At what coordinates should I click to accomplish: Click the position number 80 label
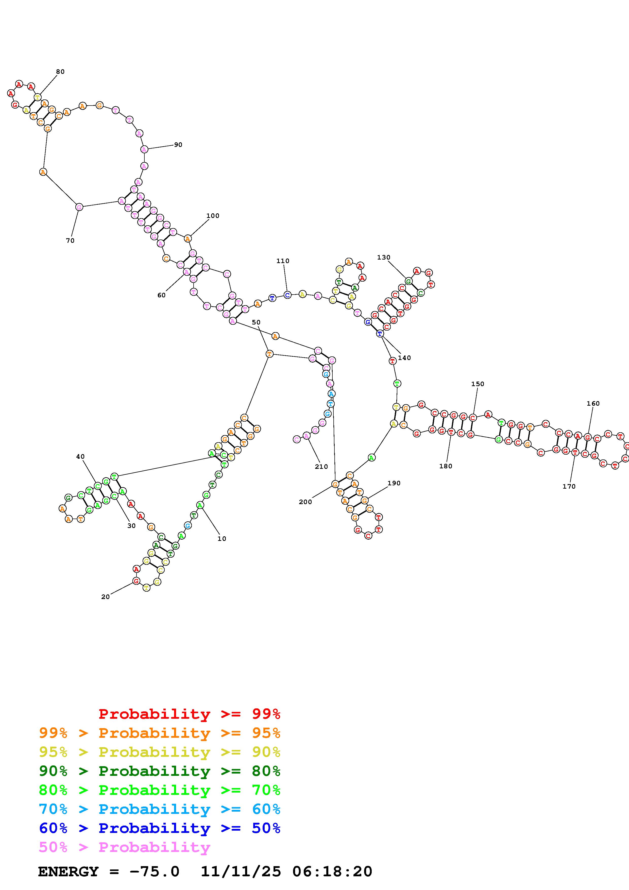coord(60,72)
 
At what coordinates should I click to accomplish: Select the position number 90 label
coord(178,145)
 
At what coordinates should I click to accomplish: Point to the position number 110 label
coord(282,261)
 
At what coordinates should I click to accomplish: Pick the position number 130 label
coord(383,258)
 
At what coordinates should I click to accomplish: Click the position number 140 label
coord(404,358)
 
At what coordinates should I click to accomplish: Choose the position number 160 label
coord(593,404)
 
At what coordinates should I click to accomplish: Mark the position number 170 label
coord(569,486)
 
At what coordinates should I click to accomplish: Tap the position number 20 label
coord(105,597)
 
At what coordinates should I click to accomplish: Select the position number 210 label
coord(321,467)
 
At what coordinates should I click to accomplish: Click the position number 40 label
coord(80,457)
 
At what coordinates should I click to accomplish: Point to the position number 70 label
coord(70,241)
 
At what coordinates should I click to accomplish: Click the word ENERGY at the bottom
coord(68,871)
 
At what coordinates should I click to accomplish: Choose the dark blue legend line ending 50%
coord(159,828)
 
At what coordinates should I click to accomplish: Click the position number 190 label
coord(394,483)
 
